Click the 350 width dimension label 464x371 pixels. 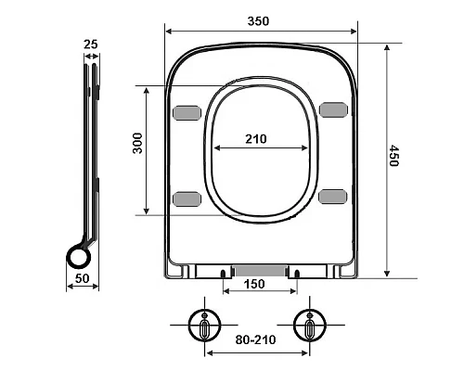tap(258, 21)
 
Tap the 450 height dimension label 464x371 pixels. tap(393, 156)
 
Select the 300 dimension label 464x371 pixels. tap(137, 143)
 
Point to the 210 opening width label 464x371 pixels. tap(256, 139)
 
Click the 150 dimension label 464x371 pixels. tap(254, 284)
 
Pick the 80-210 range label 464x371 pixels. tap(255, 339)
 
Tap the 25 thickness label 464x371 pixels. tap(91, 45)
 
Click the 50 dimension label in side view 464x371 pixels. tap(83, 278)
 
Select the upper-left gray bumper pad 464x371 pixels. tap(187, 112)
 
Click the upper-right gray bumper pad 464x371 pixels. tap(333, 109)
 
